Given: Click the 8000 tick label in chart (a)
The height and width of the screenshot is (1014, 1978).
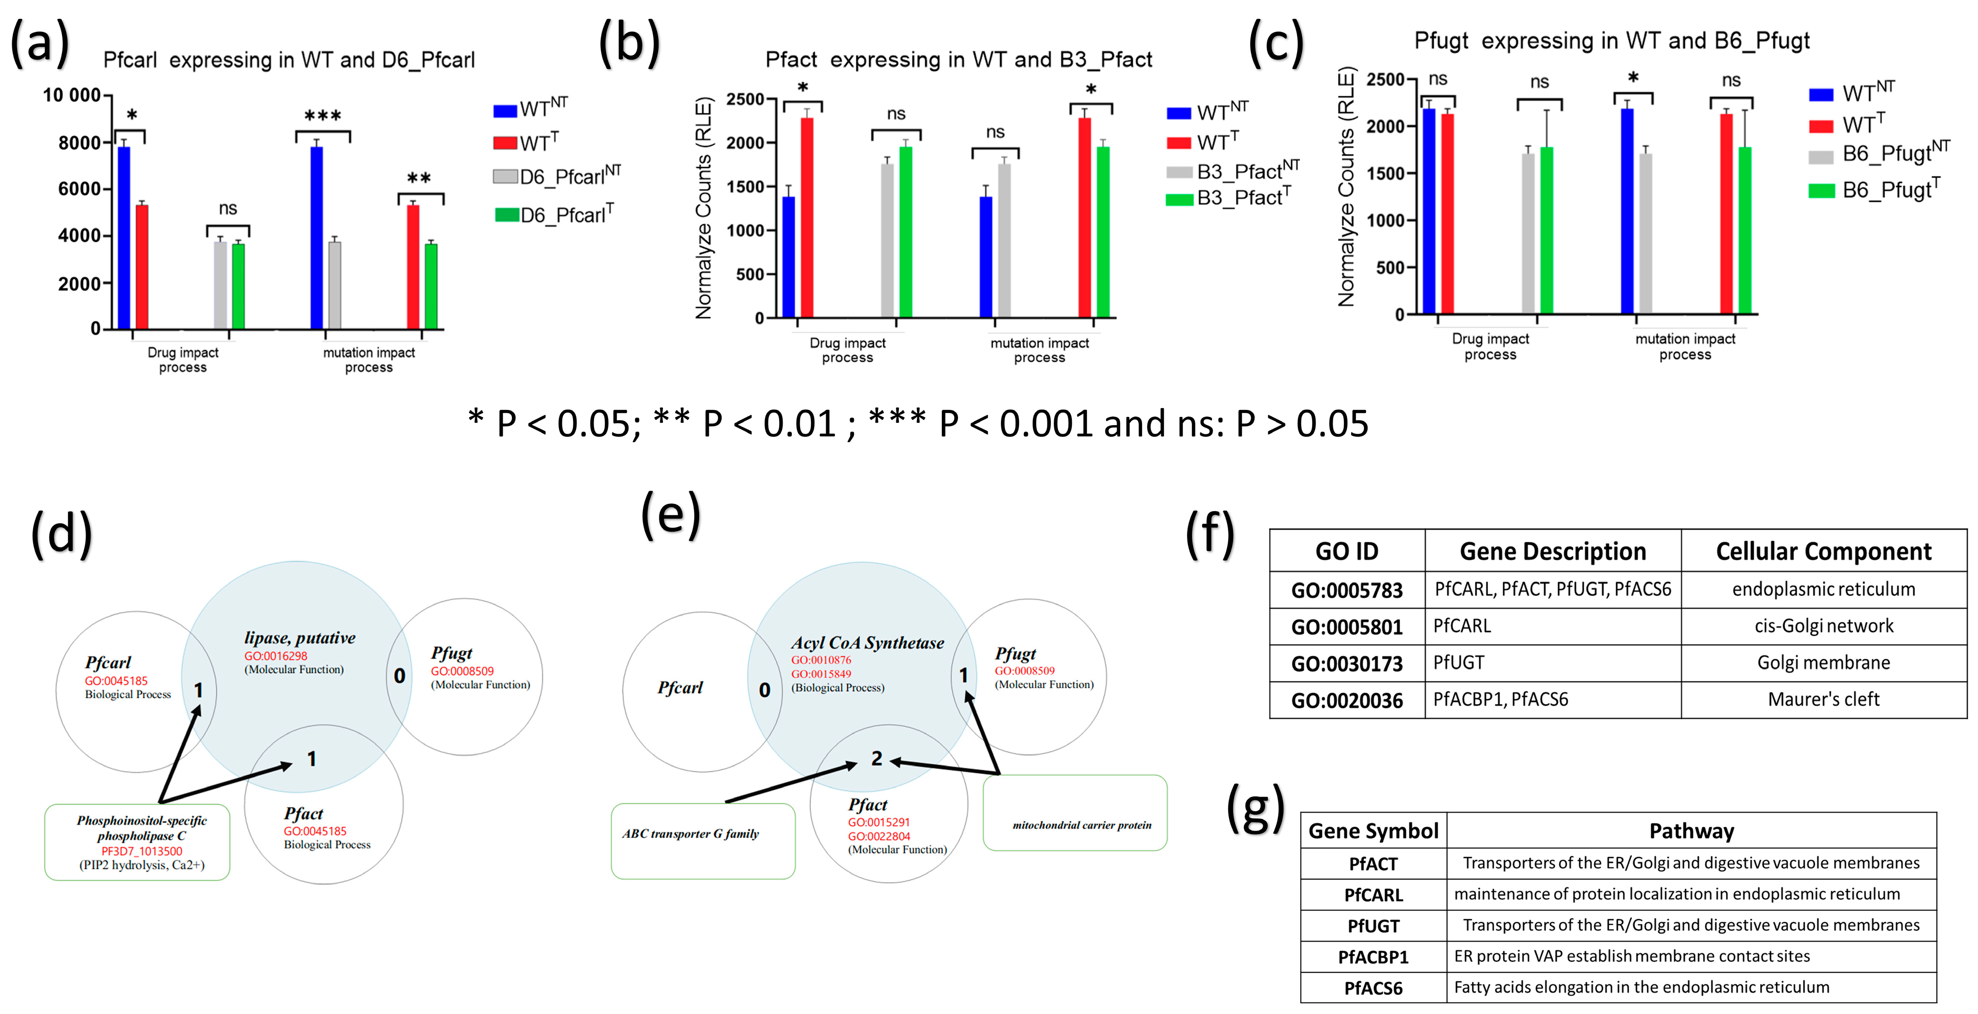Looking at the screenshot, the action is [x=79, y=143].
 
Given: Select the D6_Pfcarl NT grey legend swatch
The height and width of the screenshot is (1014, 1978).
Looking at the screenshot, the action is [x=505, y=177].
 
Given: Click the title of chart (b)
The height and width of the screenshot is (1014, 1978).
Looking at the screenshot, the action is [x=958, y=60].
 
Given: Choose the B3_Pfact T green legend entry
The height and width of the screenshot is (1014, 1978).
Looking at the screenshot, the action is [x=1229, y=198].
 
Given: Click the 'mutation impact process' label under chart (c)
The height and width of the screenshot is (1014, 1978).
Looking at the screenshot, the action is [x=1685, y=346].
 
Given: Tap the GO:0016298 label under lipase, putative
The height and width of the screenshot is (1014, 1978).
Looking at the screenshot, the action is [x=276, y=656].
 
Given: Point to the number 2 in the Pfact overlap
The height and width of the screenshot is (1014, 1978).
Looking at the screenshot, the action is [x=876, y=759].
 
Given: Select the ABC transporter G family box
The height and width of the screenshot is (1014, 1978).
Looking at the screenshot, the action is [x=702, y=841].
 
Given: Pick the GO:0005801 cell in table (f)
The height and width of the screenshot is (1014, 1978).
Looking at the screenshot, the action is [x=1347, y=627].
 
